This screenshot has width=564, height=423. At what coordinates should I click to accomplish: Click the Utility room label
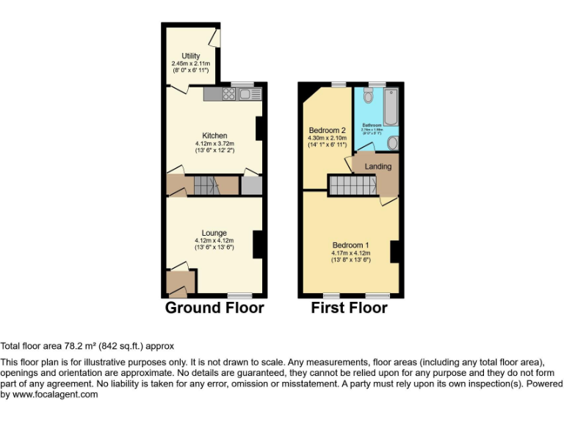[x=191, y=56]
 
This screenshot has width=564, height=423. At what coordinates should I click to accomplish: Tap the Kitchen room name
[x=214, y=135]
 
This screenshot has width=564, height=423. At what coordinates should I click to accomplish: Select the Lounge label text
[x=214, y=233]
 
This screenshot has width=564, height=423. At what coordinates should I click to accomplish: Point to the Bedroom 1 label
[x=350, y=245]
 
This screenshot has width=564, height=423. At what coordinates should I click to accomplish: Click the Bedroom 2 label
[x=327, y=130]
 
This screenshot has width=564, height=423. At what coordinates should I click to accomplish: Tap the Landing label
[x=379, y=167]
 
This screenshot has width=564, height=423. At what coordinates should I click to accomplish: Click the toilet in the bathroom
[x=369, y=98]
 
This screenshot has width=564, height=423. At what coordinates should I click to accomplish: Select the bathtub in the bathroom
[x=389, y=106]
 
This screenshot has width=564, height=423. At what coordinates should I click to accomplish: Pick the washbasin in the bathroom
[x=393, y=142]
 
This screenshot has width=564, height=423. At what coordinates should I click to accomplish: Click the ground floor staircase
[x=207, y=186]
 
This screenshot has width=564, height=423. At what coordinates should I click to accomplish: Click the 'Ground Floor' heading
[x=214, y=308]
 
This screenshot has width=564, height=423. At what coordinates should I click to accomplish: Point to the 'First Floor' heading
[x=349, y=308]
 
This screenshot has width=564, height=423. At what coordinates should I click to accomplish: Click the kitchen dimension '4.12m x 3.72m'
[x=214, y=143]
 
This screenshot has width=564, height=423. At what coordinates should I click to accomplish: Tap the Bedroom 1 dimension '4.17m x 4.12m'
[x=350, y=253]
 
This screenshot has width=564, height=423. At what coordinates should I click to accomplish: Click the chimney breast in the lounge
[x=258, y=243]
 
